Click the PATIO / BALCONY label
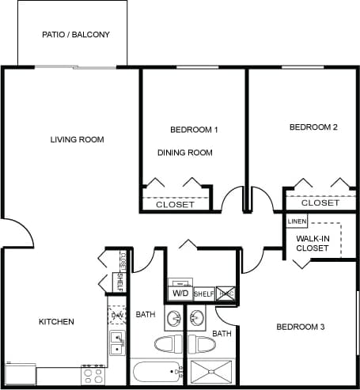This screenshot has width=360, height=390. coord(75,36)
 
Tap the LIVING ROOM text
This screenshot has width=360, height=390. coord(78,140)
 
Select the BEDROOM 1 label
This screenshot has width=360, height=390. coord(194,129)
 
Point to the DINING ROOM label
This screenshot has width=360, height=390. coord(185,153)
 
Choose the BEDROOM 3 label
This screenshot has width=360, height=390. coord(301,327)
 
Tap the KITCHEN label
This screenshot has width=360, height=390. coord(56,322)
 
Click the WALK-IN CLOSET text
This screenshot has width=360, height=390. coord(313,243)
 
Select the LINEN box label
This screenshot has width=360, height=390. coord(297,222)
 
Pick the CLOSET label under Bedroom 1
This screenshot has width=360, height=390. coord(175,204)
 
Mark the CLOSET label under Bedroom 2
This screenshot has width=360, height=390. coord(320,203)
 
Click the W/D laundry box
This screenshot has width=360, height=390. coord(180,293)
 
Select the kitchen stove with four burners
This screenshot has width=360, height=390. coord(93,373)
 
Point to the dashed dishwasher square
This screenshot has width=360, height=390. coord(118,316)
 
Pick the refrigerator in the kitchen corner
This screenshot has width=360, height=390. coord(20,373)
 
